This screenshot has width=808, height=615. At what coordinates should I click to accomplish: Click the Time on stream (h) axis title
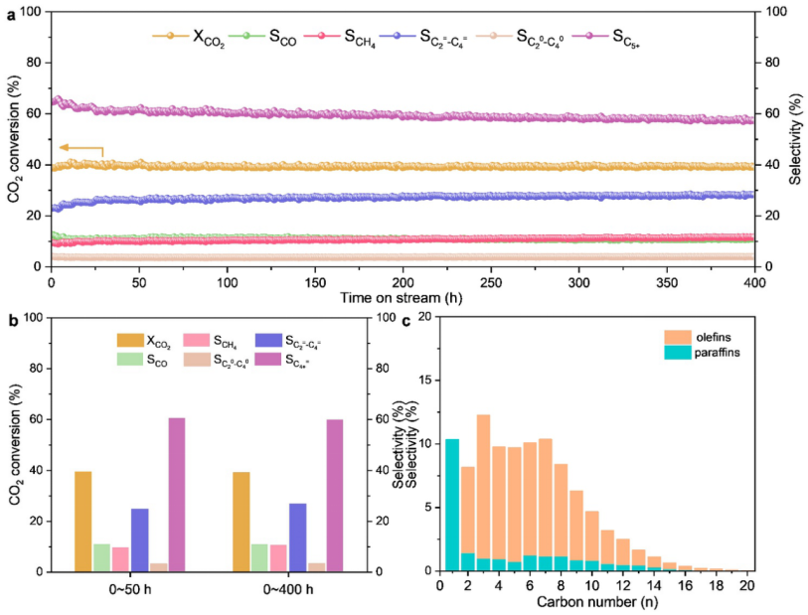(x=403, y=298)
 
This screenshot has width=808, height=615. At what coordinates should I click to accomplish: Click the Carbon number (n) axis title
(x=593, y=603)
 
